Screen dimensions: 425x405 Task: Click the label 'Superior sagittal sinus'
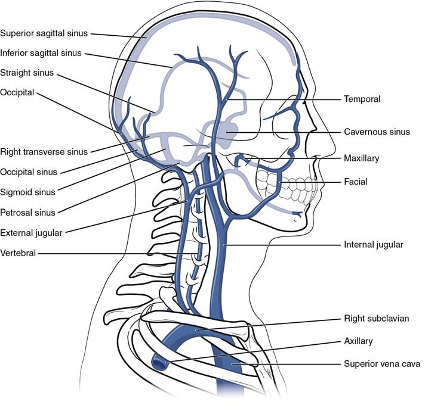44,33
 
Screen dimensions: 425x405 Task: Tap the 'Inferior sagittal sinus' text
41,53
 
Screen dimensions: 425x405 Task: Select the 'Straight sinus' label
27,73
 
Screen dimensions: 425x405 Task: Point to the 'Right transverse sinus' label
44,152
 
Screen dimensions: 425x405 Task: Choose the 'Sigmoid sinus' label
27,192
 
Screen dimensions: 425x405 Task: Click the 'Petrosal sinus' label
27,213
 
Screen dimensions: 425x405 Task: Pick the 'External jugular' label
31,233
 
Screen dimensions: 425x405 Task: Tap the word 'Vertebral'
18,253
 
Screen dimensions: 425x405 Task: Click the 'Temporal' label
362,99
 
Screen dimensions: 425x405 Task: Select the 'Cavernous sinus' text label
377,132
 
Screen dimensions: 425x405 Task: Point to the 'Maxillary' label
361,158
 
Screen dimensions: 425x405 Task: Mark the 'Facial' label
356,182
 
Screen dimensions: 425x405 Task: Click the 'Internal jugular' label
374,245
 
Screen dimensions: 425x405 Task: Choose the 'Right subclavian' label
377,318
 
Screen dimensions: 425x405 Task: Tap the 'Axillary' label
358,341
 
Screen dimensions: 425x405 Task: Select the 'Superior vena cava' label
382,364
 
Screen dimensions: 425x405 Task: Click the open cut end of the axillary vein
159,364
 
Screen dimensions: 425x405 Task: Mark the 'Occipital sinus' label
29,172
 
